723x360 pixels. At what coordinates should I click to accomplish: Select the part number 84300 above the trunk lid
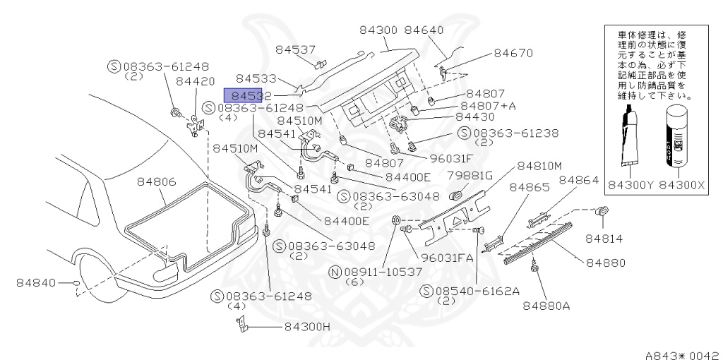[x=379, y=30]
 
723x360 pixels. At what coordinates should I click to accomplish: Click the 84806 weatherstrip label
[x=157, y=182]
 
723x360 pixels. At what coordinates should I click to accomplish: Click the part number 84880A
[x=546, y=306]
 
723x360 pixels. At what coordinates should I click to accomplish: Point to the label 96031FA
[x=447, y=258]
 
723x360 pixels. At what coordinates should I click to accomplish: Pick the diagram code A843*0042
[x=681, y=349]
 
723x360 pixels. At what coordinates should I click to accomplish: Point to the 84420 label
[x=196, y=81]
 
